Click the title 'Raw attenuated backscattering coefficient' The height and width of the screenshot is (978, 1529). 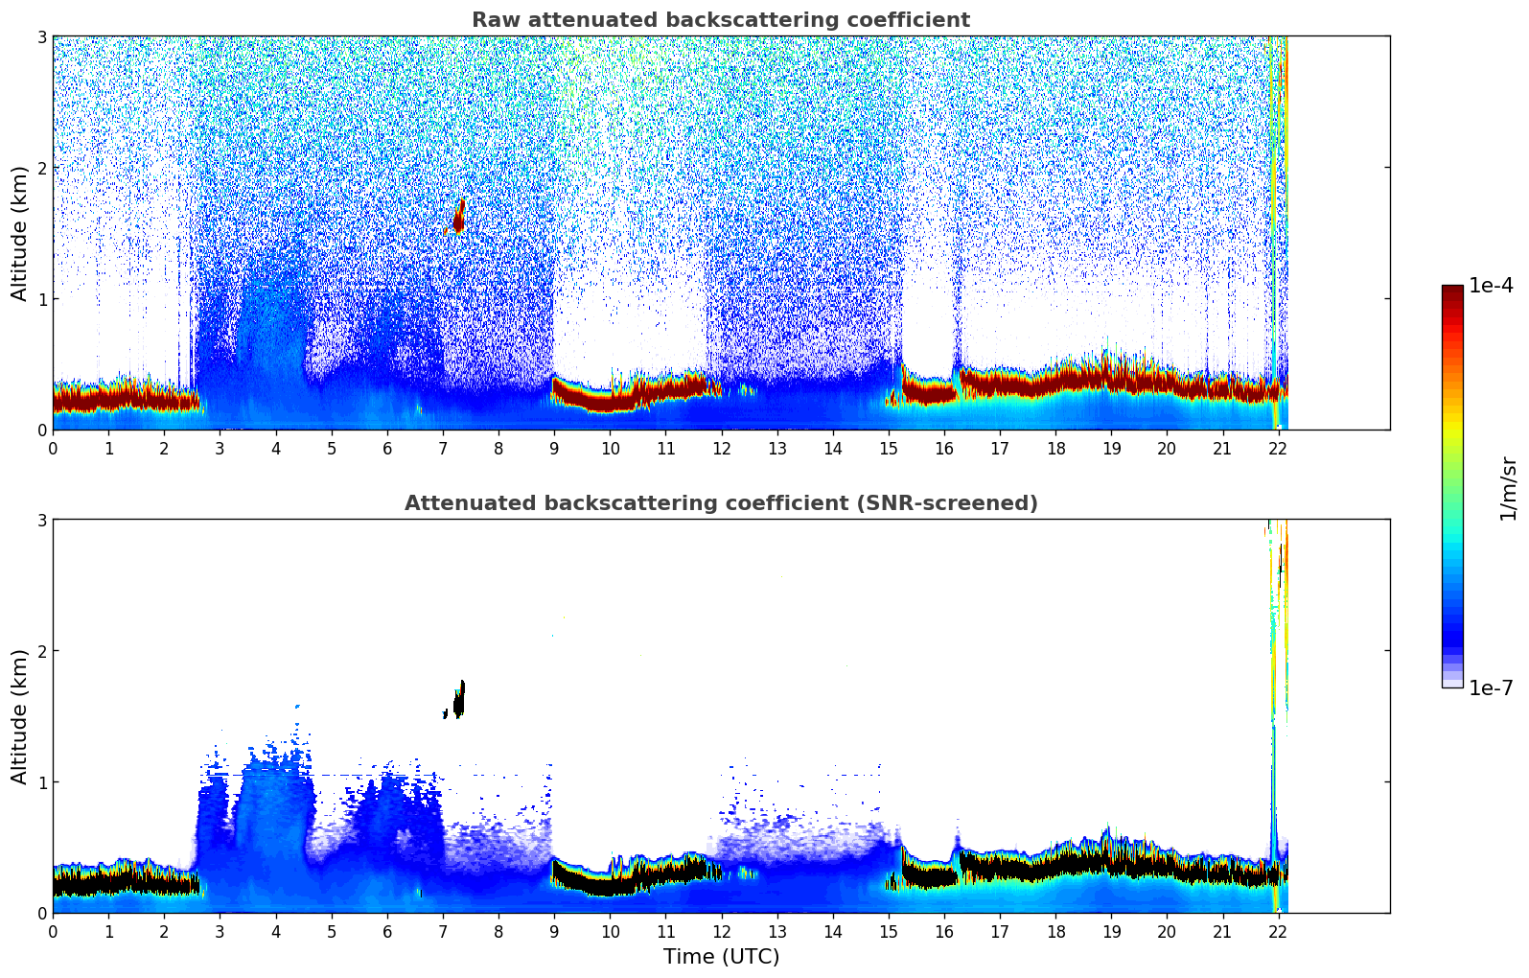[x=721, y=20]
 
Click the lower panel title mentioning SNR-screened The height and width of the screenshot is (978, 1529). [x=721, y=503]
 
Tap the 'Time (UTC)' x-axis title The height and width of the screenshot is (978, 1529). [x=721, y=957]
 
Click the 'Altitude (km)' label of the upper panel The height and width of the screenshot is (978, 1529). [x=19, y=233]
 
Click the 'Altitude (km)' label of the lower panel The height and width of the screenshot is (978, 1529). [x=19, y=716]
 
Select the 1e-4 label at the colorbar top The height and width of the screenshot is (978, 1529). [x=1491, y=286]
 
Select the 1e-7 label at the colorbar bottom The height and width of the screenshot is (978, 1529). [x=1491, y=687]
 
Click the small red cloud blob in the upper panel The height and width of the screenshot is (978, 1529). [x=459, y=217]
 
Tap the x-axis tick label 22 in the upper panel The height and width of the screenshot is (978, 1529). [x=1277, y=449]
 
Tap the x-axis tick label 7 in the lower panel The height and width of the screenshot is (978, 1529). [x=443, y=932]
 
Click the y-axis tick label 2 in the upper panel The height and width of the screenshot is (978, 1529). [x=42, y=168]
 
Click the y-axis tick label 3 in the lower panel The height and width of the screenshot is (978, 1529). [x=42, y=520]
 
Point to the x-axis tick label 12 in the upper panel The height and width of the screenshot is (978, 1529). [x=721, y=449]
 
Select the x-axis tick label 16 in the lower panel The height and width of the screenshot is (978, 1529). [x=944, y=932]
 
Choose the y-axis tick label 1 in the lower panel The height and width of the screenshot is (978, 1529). [x=42, y=782]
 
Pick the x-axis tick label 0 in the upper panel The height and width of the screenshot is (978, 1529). [x=53, y=449]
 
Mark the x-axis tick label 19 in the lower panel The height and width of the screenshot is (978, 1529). [x=1111, y=932]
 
